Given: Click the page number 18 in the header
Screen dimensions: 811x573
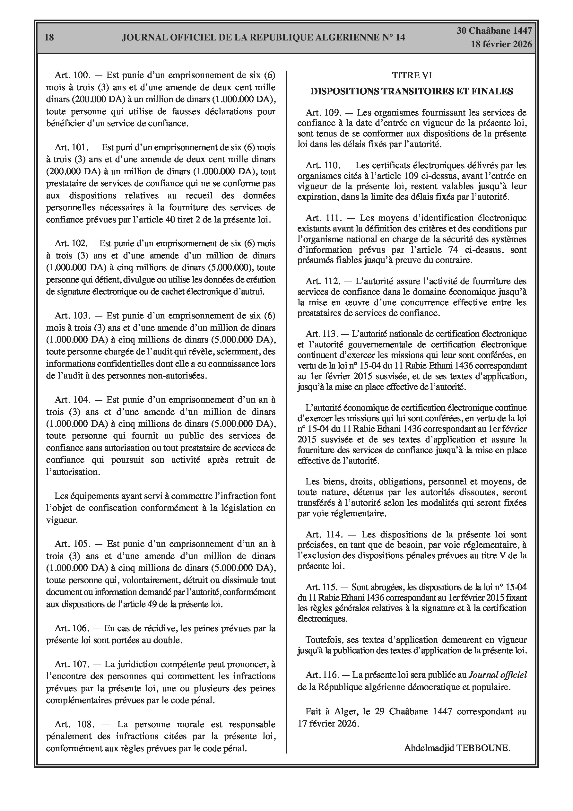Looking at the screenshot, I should coord(49,37).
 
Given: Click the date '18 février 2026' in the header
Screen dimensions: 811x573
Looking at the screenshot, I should coord(501,44).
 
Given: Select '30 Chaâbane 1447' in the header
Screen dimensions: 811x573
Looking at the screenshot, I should coord(494,31).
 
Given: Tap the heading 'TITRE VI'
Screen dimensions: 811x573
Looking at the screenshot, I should coord(412,75).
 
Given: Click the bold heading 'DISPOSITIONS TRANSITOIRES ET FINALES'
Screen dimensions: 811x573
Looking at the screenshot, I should coord(412,92).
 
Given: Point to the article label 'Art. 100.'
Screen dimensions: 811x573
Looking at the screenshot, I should coord(73,75).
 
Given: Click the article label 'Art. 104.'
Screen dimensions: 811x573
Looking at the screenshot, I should coord(73,399).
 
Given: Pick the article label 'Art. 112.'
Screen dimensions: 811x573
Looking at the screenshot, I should coord(323,282).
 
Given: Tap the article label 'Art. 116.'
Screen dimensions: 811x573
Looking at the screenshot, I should coord(322,675).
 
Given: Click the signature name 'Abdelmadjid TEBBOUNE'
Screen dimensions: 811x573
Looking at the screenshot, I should coord(457,748).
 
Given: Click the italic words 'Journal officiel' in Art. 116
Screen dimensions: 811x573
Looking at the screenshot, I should coord(497,675).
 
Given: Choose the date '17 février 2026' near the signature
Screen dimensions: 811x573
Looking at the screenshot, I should coord(328,724).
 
